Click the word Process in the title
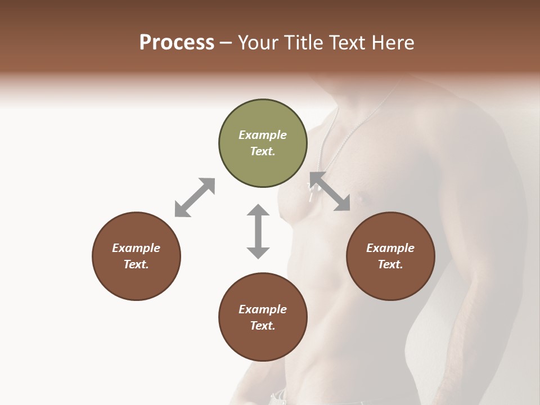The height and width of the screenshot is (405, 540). click(x=177, y=43)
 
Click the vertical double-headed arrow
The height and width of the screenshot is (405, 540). click(x=258, y=231)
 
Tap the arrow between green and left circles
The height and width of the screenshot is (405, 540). click(x=195, y=197)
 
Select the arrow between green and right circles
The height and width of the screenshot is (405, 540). click(x=330, y=191)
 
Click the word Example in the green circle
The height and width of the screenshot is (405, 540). click(x=263, y=135)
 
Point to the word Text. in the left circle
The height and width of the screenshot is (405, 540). click(x=136, y=264)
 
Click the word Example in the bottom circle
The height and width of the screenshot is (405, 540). click(x=263, y=309)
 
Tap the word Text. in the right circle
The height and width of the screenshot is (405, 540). click(x=390, y=264)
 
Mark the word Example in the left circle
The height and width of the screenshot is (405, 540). click(x=136, y=248)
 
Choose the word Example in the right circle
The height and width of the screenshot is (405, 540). click(x=390, y=248)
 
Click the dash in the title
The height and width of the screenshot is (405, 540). click(x=226, y=43)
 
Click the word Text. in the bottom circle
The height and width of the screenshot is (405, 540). click(x=263, y=326)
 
